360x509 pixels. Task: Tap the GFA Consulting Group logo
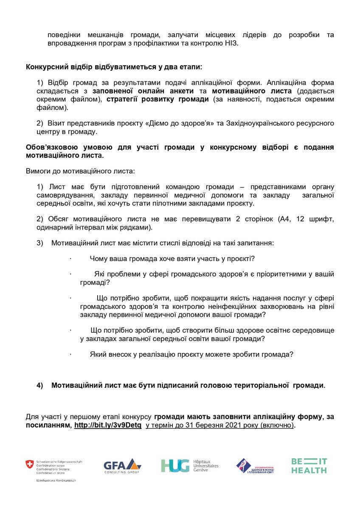click(121, 466)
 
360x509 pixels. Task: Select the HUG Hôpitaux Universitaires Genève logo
click(189, 465)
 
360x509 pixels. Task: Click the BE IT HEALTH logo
click(309, 465)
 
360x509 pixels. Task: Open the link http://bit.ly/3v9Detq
click(109, 425)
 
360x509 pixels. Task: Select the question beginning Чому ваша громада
click(172, 259)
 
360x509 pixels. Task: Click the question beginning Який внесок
click(191, 353)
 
